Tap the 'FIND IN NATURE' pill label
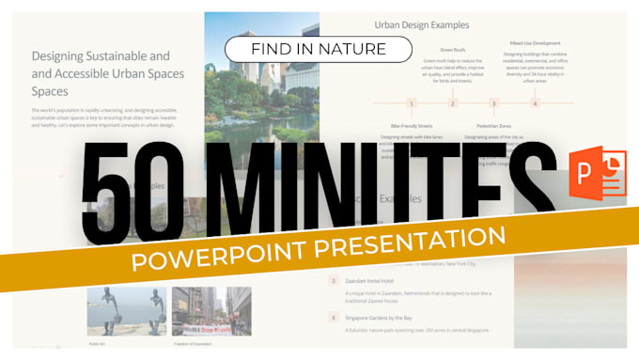coord(318,48)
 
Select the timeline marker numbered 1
coord(411,103)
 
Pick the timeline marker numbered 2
coord(452,103)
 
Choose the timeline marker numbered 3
coord(493,103)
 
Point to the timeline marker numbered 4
coord(536,103)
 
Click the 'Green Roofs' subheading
coord(452,49)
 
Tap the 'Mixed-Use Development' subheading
coord(534,43)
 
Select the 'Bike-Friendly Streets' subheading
coord(411,125)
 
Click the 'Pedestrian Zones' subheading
coord(492,125)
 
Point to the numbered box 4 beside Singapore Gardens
coord(333,317)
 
